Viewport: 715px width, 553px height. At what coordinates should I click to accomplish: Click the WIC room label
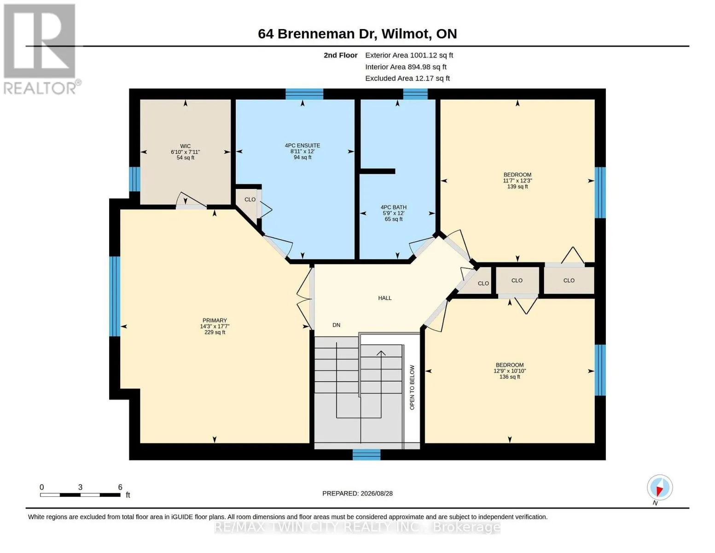tap(185, 146)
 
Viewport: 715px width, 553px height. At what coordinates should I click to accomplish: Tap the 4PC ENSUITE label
tap(302, 145)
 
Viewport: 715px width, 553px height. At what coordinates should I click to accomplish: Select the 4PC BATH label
tap(394, 207)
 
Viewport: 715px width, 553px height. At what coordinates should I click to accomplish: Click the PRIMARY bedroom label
tap(215, 320)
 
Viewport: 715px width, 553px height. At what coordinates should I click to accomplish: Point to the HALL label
tap(384, 298)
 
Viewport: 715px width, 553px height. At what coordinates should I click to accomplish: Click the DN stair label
tap(336, 325)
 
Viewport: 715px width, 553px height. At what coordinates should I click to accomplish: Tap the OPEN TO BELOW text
tap(412, 388)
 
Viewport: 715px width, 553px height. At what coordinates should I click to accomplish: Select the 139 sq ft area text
tap(517, 187)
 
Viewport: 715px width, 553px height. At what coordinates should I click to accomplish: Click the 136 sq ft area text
tap(510, 377)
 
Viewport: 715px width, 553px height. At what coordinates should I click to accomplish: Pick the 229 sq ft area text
tap(215, 332)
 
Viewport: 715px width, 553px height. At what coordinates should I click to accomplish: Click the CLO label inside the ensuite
tap(250, 200)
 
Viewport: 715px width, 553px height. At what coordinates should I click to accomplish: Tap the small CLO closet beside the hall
tap(483, 283)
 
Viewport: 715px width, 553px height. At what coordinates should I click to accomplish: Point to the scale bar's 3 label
tap(80, 487)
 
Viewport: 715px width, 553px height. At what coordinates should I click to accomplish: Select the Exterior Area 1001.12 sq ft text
tap(409, 55)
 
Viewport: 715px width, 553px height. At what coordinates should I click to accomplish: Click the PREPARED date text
tap(357, 494)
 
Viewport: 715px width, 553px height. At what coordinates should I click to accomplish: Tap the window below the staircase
tap(366, 454)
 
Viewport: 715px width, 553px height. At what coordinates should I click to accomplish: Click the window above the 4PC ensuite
tap(304, 94)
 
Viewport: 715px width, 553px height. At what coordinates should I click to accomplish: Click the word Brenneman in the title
tap(327, 34)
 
